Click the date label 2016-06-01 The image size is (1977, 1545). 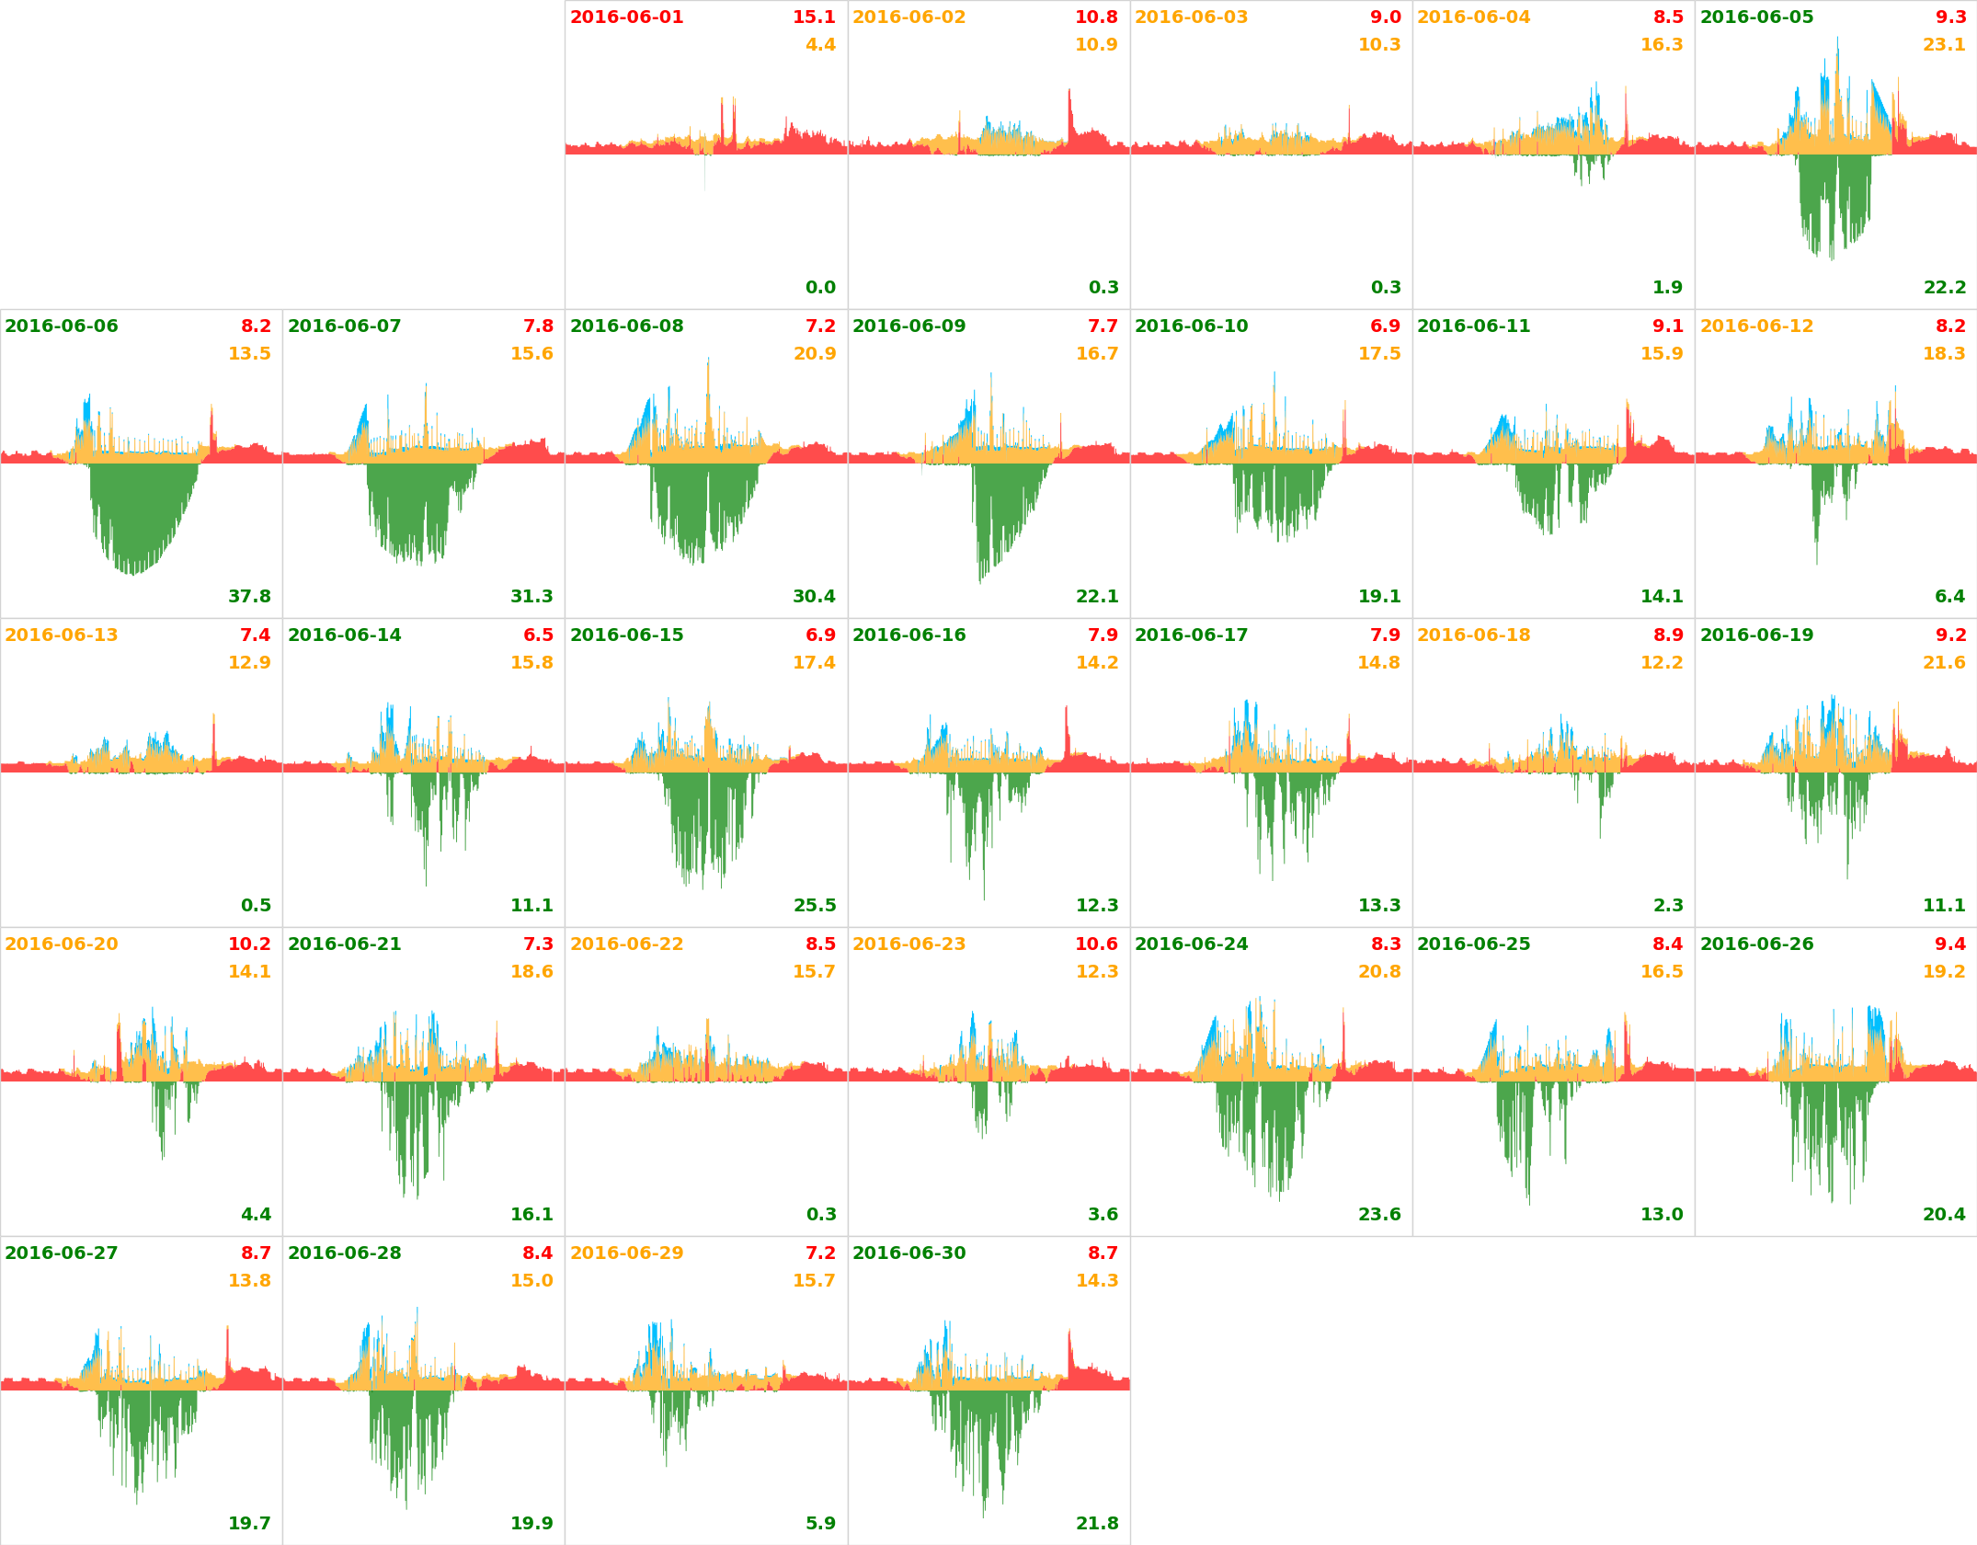tap(626, 17)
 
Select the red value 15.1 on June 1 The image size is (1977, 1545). tap(814, 17)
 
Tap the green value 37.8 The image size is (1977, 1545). tap(249, 596)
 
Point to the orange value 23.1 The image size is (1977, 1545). tap(1944, 45)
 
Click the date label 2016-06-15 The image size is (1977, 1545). tap(626, 635)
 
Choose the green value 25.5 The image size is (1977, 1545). tap(814, 905)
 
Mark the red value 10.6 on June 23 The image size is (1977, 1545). tap(1096, 944)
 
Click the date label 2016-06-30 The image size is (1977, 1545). tap(909, 1253)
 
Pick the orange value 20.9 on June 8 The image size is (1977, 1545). tap(814, 354)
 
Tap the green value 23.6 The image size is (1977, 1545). tap(1379, 1214)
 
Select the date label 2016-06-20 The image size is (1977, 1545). tap(62, 944)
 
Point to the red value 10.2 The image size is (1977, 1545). tap(249, 944)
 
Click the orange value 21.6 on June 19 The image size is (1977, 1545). tap(1944, 663)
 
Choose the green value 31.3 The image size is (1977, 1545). tap(531, 596)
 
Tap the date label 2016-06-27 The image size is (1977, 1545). tap(62, 1253)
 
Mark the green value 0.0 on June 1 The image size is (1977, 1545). tap(820, 288)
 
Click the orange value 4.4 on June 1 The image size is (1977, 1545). tap(820, 45)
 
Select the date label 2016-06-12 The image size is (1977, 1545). tap(1756, 326)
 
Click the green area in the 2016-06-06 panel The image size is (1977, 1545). tap(138, 515)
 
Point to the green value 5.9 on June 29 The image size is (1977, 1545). tap(820, 1523)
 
